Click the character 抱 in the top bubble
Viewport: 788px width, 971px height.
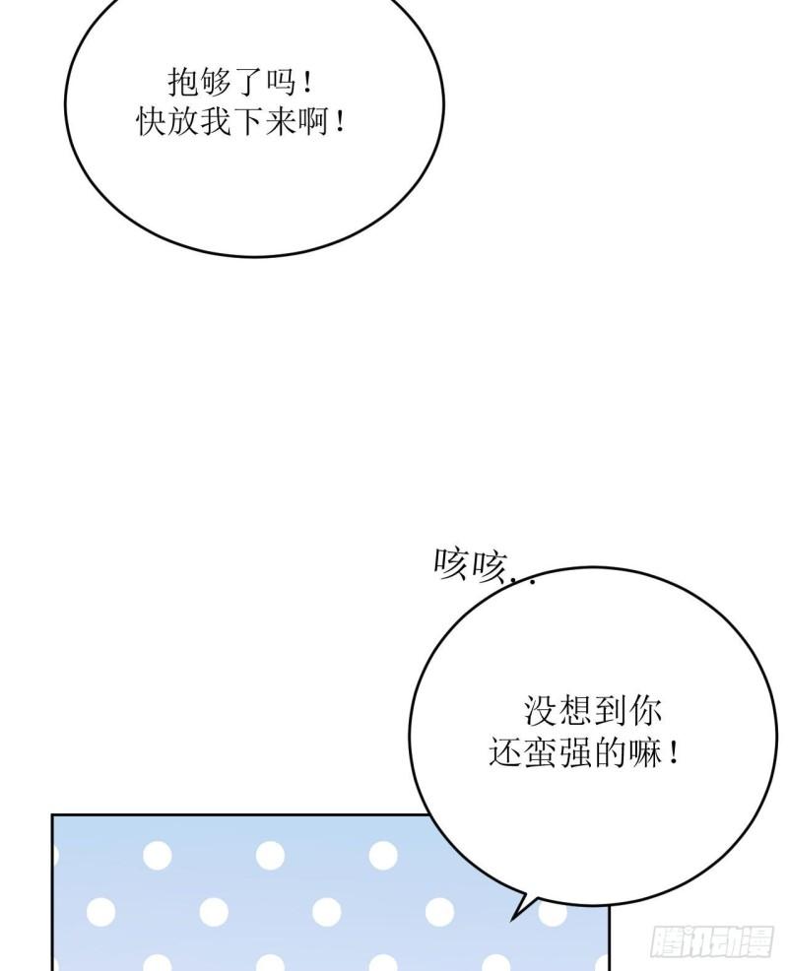(184, 83)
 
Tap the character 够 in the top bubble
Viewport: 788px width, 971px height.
(216, 83)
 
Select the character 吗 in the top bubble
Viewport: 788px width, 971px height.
(281, 83)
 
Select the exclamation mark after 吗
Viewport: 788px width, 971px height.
(308, 84)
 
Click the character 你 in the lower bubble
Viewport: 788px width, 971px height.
(645, 711)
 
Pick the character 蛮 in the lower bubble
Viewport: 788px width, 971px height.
(540, 752)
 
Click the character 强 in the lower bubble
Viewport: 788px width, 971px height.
(575, 752)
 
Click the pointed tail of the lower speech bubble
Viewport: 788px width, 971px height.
(513, 920)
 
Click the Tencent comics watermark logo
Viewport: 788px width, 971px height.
(712, 941)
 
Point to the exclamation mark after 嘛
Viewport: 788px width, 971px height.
(674, 753)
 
